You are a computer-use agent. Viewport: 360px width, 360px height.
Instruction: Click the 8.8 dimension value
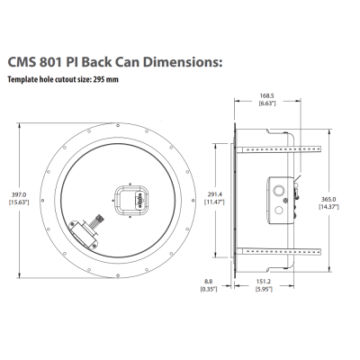[207, 280]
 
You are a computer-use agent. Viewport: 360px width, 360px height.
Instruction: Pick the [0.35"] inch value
[207, 288]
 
